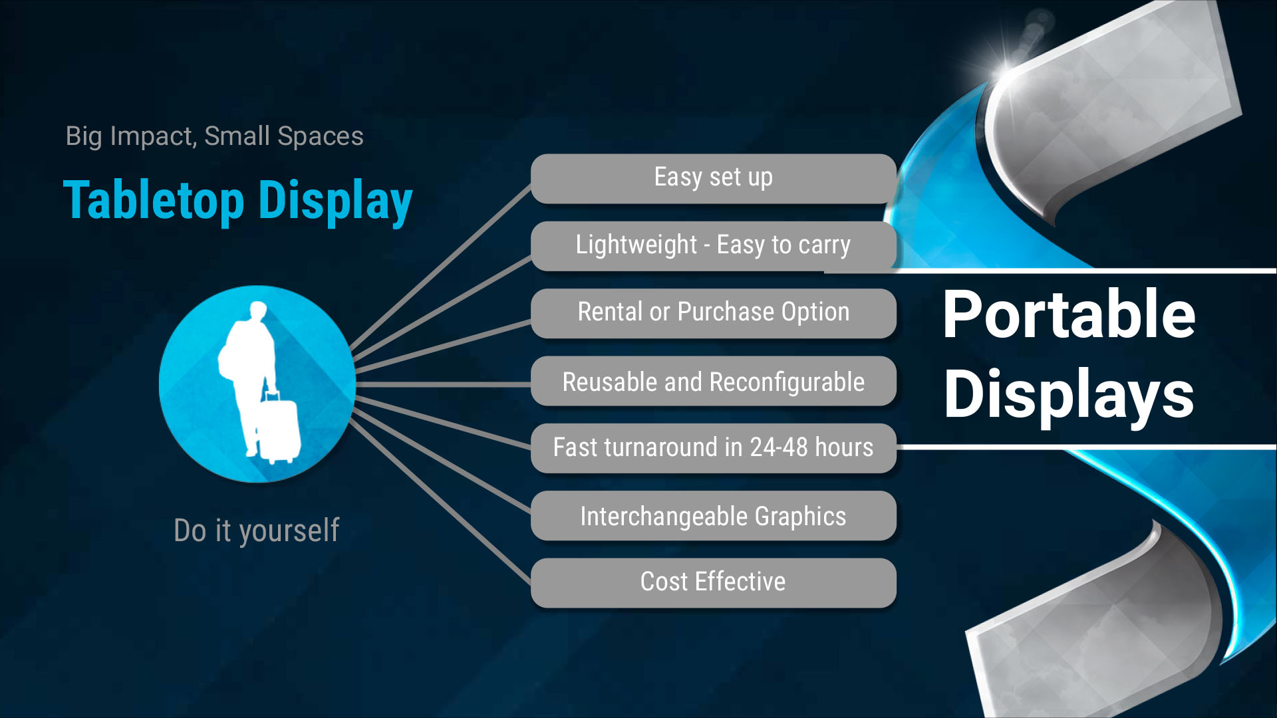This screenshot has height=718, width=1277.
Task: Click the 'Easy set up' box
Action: pyautogui.click(x=713, y=178)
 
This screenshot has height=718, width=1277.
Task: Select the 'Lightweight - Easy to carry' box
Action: pyautogui.click(x=713, y=246)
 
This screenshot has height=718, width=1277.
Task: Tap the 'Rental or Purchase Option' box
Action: pyautogui.click(x=713, y=313)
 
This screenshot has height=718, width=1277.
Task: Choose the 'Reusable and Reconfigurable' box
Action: pyautogui.click(x=713, y=381)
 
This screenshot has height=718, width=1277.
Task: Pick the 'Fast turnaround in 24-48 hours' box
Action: pyautogui.click(x=713, y=448)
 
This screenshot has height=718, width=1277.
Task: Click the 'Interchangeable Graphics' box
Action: pyautogui.click(x=713, y=516)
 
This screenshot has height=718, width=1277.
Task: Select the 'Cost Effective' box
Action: pyautogui.click(x=713, y=583)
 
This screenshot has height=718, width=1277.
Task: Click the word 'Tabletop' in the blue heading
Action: pyautogui.click(x=154, y=200)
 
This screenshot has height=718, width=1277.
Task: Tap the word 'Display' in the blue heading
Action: pyautogui.click(x=336, y=201)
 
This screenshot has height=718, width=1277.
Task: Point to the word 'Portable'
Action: pyautogui.click(x=1069, y=314)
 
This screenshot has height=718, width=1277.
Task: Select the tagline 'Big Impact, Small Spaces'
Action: pyautogui.click(x=214, y=136)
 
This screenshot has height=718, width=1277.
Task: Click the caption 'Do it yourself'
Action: pyautogui.click(x=257, y=531)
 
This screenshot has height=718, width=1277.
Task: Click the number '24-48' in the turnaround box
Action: pyautogui.click(x=779, y=447)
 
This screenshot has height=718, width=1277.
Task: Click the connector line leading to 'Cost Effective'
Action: pyautogui.click(x=440, y=502)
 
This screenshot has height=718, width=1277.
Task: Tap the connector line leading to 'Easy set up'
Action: pyautogui.click(x=440, y=267)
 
